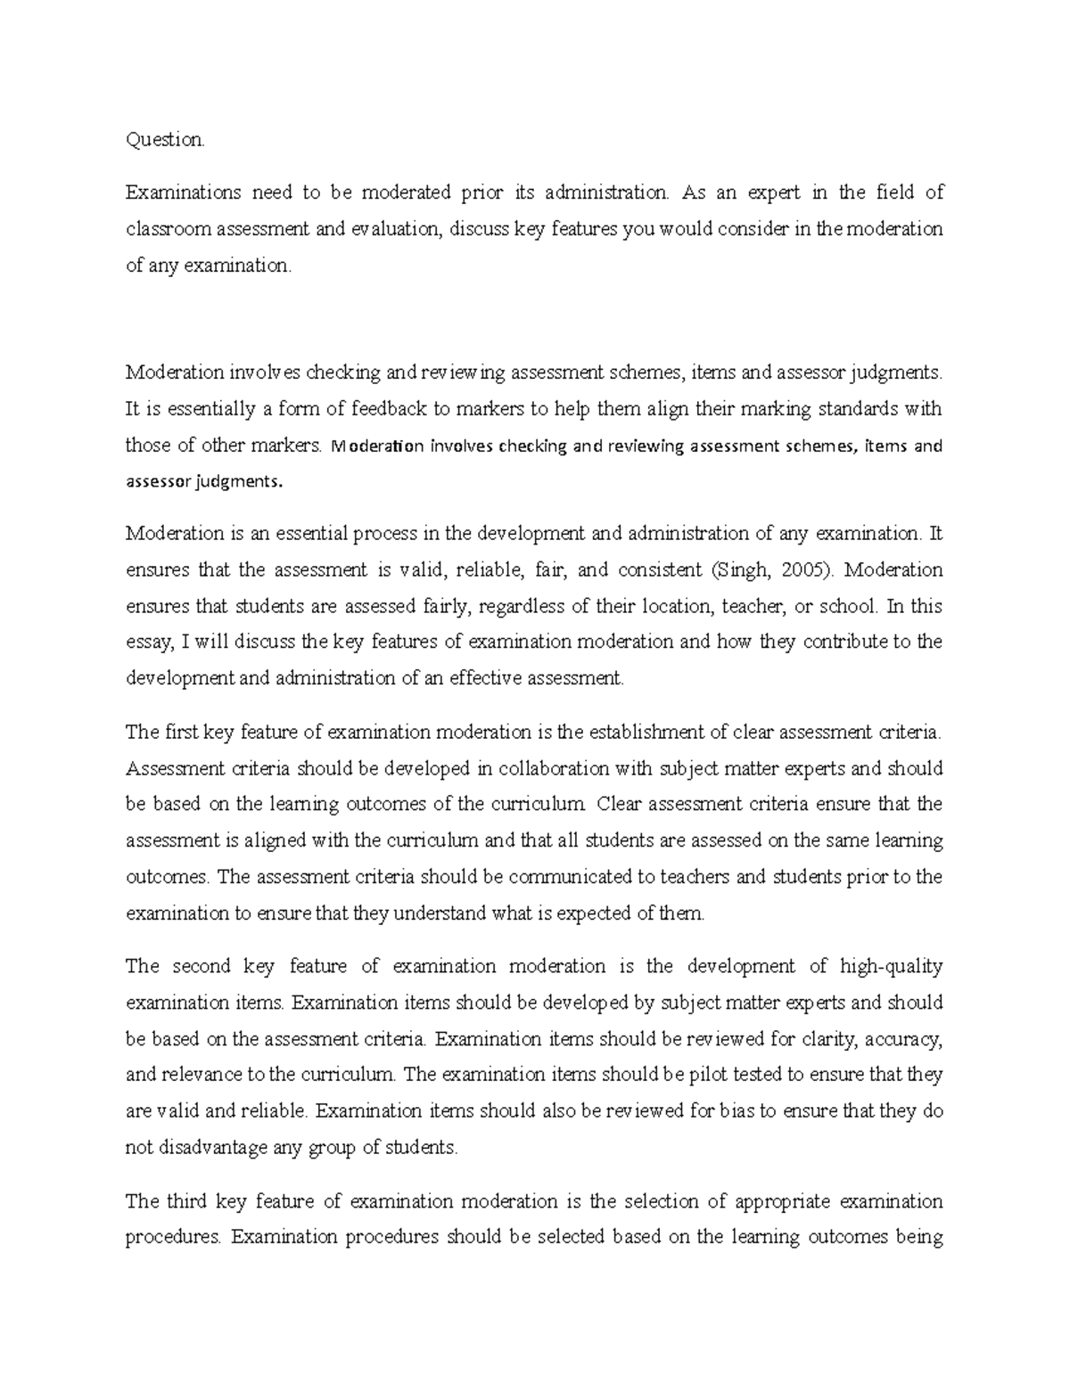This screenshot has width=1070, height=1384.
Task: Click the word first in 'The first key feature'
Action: (x=182, y=733)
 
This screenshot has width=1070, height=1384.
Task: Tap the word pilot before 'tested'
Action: (x=708, y=1075)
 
